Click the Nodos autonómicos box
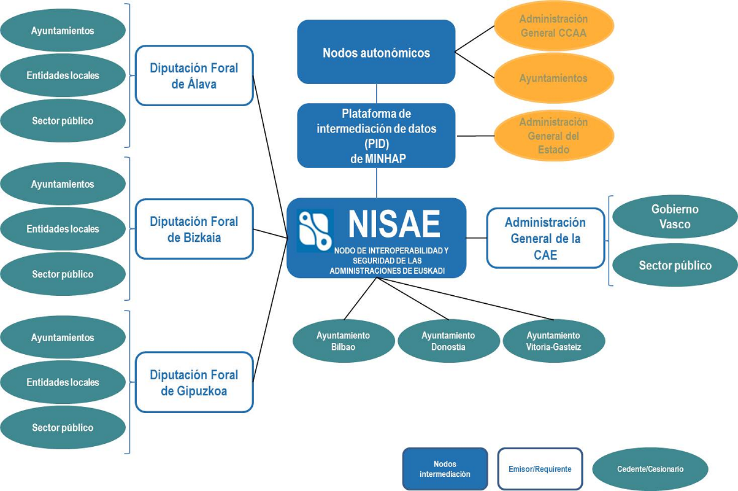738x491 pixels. point(376,52)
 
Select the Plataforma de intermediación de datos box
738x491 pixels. point(376,136)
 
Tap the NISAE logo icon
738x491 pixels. point(315,231)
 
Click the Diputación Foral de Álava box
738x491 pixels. point(194,75)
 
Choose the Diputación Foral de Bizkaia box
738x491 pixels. point(194,229)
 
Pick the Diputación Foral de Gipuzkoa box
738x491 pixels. point(194,382)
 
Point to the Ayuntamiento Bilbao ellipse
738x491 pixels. point(343,341)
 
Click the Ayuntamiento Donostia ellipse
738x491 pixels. point(448,341)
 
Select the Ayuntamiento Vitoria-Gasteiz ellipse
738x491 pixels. point(553,341)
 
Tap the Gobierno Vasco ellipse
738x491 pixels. point(675,217)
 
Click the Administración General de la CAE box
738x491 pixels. point(545,238)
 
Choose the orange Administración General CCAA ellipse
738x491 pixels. point(553,26)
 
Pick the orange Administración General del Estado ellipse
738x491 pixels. point(553,136)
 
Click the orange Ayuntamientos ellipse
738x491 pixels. point(553,79)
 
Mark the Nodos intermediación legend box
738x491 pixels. point(445,469)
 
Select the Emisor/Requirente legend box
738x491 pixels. point(540,469)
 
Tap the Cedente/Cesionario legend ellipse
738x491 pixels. point(650,469)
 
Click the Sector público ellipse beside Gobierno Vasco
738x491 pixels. point(675,265)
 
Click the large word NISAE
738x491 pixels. point(394,224)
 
